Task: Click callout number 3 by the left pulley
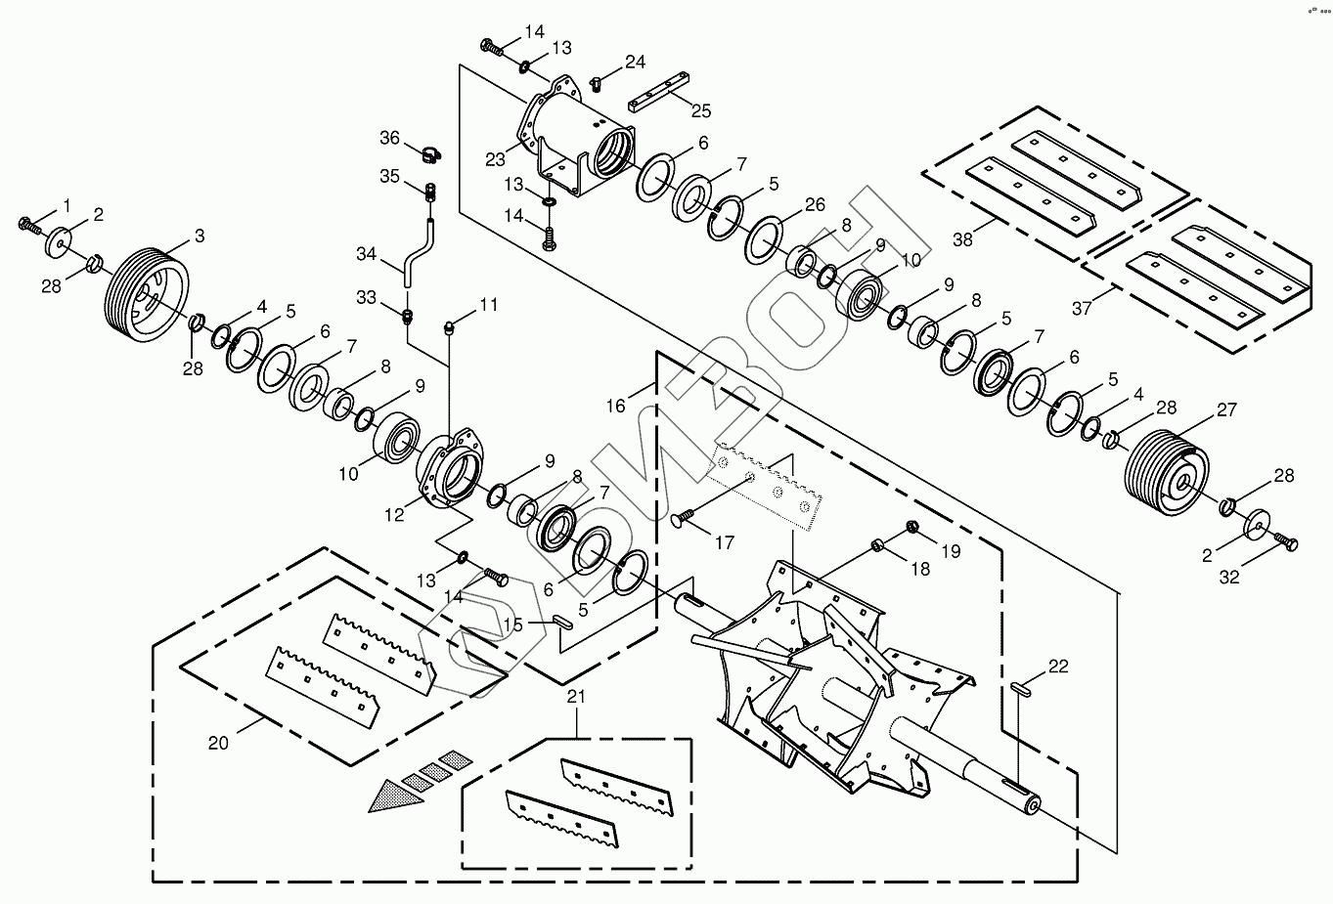199,236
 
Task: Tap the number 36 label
390,139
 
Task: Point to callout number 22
1058,667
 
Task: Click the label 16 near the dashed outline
615,406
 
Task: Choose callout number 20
218,743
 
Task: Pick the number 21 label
576,697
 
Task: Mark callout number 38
963,237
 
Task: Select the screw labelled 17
685,519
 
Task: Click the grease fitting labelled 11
451,326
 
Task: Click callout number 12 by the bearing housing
394,514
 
